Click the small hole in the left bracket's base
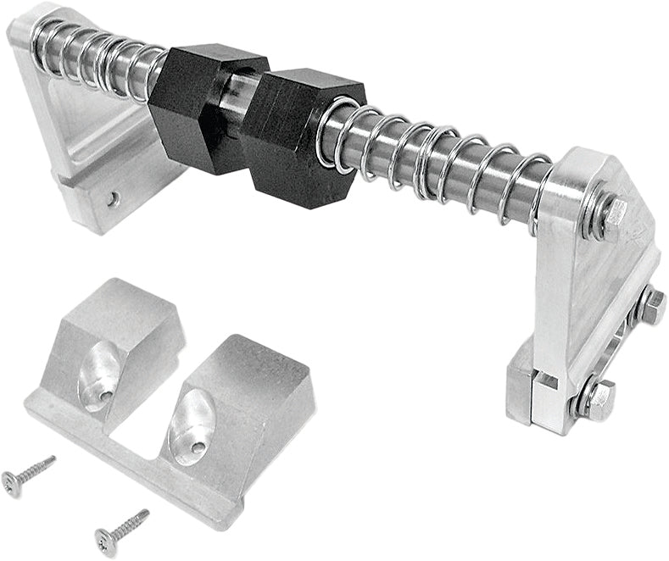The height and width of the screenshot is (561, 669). pos(113,200)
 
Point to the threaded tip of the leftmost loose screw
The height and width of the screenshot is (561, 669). pos(52,458)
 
